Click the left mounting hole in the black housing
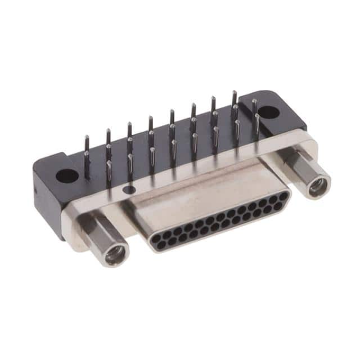[x=67, y=175]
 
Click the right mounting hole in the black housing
[x=269, y=112]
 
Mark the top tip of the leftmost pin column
[x=86, y=137]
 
